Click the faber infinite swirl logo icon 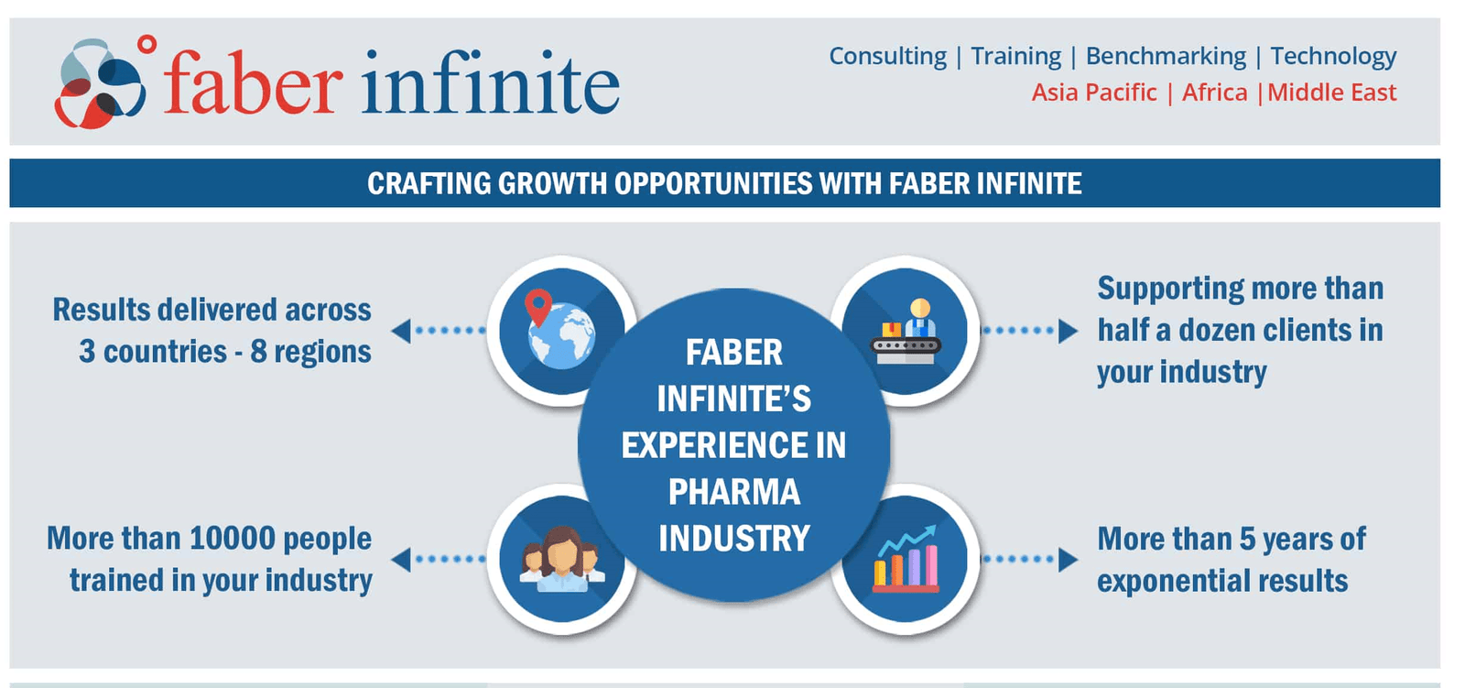[x=100, y=83]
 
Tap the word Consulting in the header [x=887, y=56]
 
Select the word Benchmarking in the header [x=1166, y=56]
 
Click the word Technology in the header [x=1333, y=56]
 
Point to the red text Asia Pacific [x=1094, y=93]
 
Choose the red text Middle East [x=1331, y=93]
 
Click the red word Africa [x=1214, y=93]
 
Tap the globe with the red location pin [x=559, y=330]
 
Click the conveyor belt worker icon [x=906, y=332]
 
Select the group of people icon [x=561, y=560]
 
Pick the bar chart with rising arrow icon [x=906, y=560]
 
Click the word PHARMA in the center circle [x=733, y=492]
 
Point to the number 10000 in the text [x=232, y=538]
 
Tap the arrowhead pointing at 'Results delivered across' [x=401, y=331]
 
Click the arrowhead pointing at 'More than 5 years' [x=1068, y=559]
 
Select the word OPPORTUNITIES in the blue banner [x=712, y=183]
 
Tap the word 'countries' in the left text [x=165, y=352]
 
